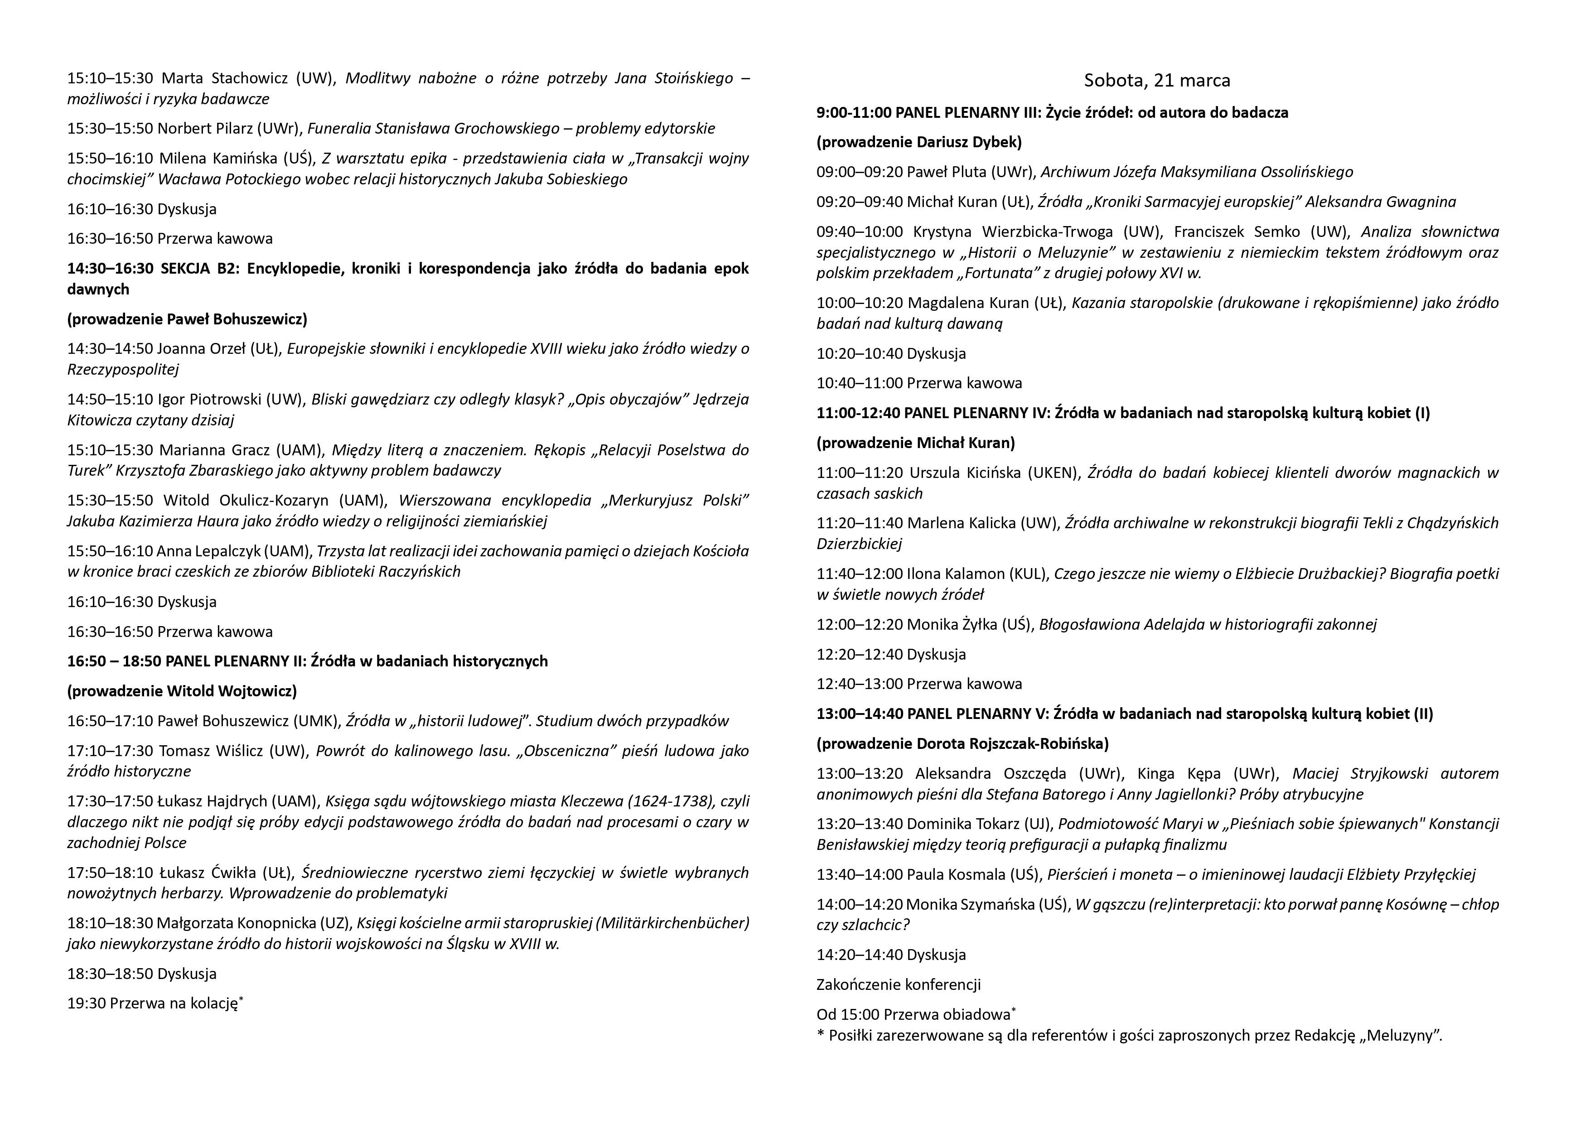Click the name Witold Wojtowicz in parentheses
click(231, 691)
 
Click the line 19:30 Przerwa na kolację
click(155, 1003)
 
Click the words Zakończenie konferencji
click(898, 985)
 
